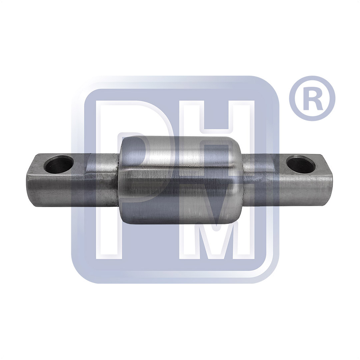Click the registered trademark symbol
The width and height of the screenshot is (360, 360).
pos(312,99)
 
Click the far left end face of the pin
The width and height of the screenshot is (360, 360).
pos(30,181)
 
